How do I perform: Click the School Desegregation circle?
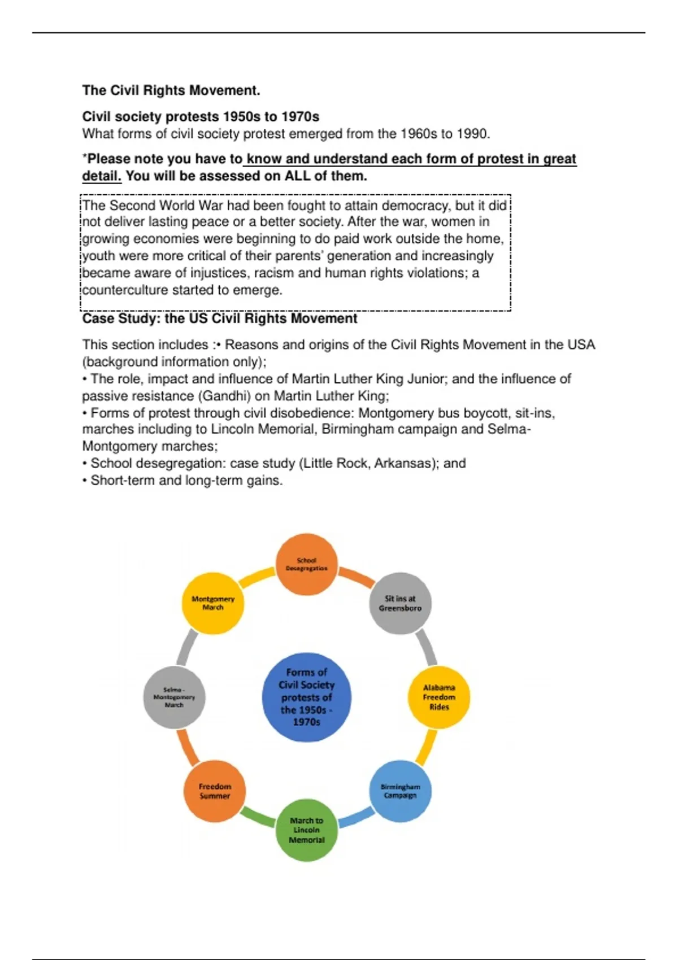click(x=307, y=564)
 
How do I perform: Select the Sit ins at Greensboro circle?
click(x=400, y=603)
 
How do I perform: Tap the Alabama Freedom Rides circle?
click(x=439, y=697)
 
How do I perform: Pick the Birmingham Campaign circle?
click(x=401, y=791)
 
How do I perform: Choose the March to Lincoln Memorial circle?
click(x=307, y=830)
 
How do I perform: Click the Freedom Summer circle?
click(x=215, y=791)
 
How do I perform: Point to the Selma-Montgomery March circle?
click(x=174, y=697)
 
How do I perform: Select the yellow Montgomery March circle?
click(x=213, y=603)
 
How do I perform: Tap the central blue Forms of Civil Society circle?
click(x=307, y=697)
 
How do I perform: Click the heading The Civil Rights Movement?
click(x=171, y=90)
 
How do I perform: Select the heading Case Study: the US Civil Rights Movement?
click(x=220, y=318)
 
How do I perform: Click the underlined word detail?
click(x=102, y=176)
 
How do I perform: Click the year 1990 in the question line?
click(x=472, y=134)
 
